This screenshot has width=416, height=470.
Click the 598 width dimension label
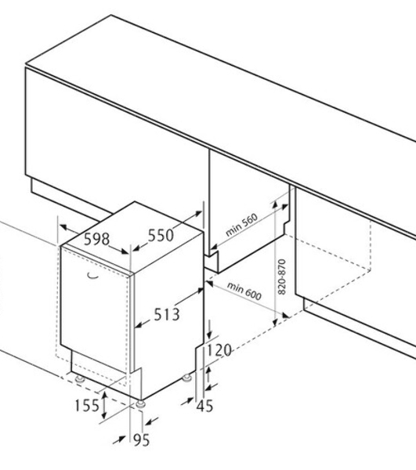pos(96,239)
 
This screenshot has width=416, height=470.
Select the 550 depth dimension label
pos(161,235)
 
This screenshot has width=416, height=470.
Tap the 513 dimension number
pos(167,314)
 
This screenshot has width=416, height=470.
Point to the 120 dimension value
pos(219,350)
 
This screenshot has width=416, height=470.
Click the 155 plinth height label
pos(87,405)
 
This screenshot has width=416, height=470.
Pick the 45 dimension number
pos(205,406)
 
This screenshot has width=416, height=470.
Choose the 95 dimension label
pos(141,440)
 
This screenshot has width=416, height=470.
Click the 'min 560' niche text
pos(241,225)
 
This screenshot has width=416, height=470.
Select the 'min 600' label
pos(244,291)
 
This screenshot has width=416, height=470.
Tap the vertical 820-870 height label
pos(282,277)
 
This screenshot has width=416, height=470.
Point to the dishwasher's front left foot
pos(80,379)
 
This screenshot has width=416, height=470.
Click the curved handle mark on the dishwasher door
pos(92,276)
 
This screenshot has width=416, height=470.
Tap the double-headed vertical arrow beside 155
pos(104,406)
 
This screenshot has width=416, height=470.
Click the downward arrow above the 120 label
pos(209,330)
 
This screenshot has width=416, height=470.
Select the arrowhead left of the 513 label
pos(139,325)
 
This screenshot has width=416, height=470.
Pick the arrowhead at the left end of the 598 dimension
pos(63,226)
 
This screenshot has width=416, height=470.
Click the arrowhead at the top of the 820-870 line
pos(274,204)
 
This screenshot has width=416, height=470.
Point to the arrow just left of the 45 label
pos(187,401)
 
